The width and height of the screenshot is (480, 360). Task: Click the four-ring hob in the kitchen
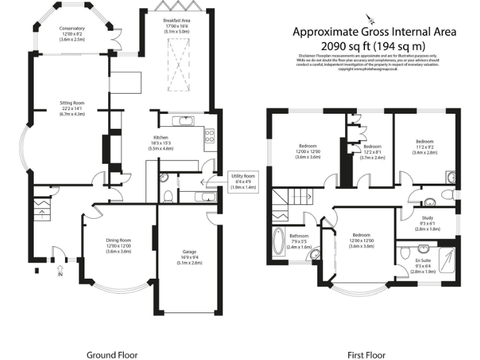point(210,136)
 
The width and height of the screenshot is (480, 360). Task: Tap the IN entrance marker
point(61,274)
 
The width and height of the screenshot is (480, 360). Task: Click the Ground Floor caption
point(111,354)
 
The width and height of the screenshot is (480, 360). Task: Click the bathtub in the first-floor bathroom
point(279,242)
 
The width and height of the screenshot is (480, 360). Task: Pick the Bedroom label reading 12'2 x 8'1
point(373,152)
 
